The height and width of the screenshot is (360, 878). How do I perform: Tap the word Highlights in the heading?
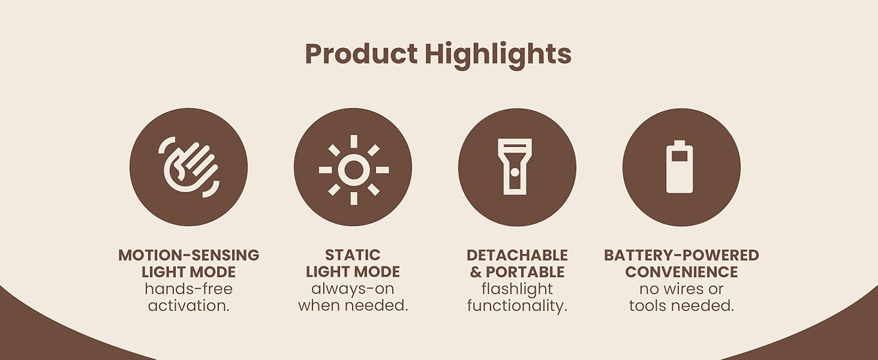498,54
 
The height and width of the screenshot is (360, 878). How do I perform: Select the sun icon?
353,170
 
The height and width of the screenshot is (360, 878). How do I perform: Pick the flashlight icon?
515,167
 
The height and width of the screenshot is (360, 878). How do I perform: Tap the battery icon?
679,167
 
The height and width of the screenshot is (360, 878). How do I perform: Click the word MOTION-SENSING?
189,255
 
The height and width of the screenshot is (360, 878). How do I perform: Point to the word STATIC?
353,255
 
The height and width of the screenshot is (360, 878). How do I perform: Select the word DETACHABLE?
517,255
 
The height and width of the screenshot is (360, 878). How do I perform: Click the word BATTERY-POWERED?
681,255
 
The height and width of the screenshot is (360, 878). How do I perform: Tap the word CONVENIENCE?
681,272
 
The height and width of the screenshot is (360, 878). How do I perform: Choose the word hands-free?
189,289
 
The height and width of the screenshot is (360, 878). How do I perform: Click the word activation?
189,305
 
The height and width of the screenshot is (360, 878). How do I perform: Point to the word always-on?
353,289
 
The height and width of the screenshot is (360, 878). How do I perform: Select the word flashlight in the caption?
517,289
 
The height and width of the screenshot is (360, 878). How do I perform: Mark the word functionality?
517,305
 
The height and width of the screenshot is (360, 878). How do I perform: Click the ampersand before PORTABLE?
476,272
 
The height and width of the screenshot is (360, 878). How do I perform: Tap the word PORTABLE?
525,272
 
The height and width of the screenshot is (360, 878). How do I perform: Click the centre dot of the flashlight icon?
515,172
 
